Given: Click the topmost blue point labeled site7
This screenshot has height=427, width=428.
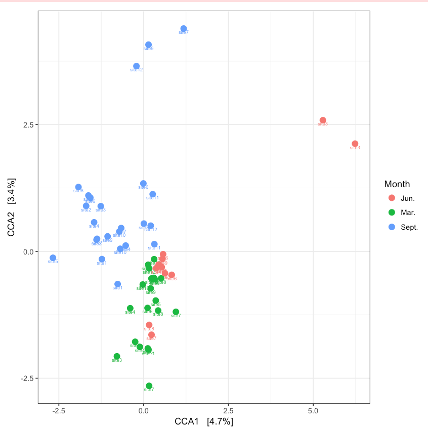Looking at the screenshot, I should pos(184,29).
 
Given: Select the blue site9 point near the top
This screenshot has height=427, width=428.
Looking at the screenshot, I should pos(148,45).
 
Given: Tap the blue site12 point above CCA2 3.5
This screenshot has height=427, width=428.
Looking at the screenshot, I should pos(136,66).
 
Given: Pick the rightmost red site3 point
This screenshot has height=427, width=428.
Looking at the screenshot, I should pos(355,144).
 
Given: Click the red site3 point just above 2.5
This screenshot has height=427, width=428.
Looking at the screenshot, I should pos(323,120).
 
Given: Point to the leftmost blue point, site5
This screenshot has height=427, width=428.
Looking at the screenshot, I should pos(53,258).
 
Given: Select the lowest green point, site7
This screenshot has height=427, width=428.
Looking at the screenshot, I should pos(149,386).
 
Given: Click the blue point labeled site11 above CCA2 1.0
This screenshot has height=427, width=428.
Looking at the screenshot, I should pos(153,194).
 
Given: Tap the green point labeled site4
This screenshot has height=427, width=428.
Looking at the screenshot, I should pos(130,308).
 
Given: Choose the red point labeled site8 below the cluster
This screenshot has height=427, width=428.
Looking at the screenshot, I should pos(149,325).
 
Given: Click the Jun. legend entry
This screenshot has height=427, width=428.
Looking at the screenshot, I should pos(407,198).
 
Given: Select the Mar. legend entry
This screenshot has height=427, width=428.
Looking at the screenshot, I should pos(407,212).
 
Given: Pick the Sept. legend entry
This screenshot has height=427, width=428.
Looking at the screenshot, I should pos(409,227).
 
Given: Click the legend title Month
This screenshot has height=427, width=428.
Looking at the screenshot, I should pos(397,184).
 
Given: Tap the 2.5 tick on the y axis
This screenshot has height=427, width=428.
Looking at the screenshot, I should pos(28,124).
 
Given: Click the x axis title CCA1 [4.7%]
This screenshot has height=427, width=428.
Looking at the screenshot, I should pos(203,421).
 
